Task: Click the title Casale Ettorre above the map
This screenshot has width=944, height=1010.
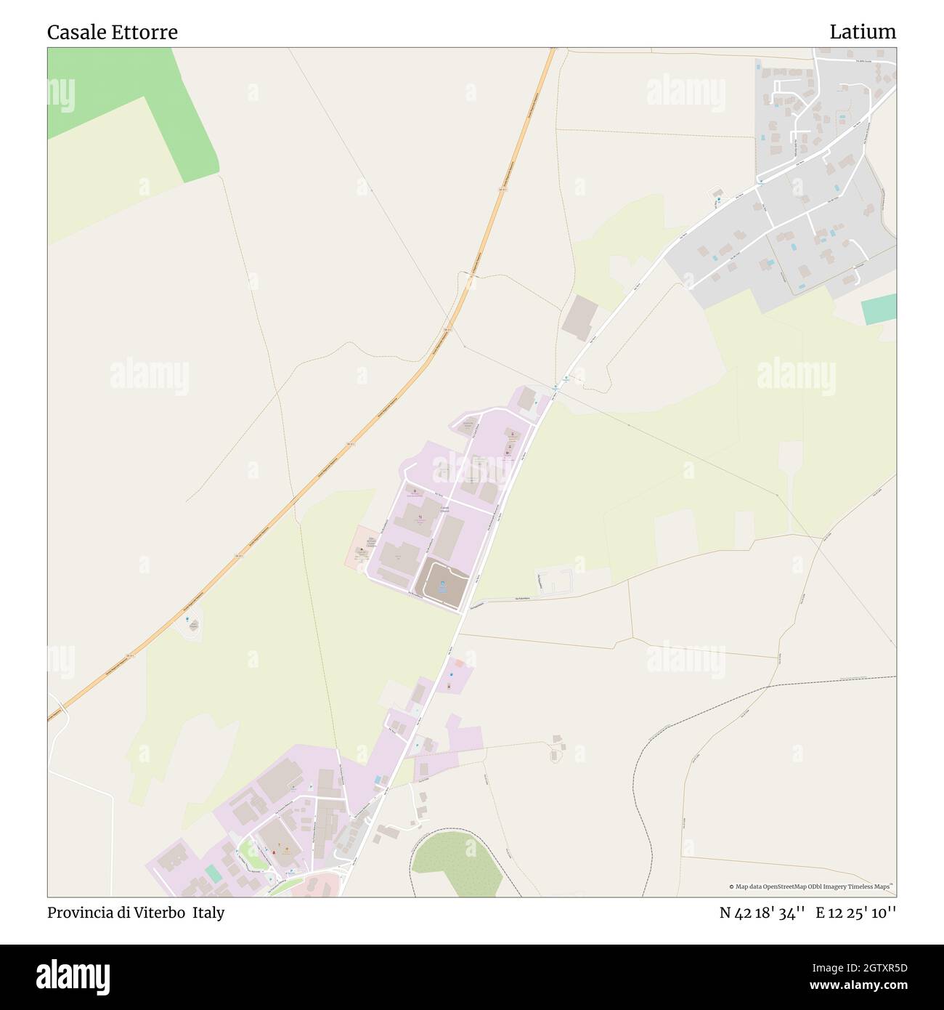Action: [x=112, y=32]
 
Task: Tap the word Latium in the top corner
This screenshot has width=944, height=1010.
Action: [x=862, y=32]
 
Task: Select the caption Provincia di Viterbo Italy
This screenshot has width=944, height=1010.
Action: [x=136, y=913]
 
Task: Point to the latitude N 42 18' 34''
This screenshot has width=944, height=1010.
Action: [x=762, y=913]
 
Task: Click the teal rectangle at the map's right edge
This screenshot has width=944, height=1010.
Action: [x=879, y=310]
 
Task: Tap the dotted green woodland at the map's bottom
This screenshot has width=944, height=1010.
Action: [x=457, y=861]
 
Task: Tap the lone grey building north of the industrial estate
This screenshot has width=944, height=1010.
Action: [x=579, y=317]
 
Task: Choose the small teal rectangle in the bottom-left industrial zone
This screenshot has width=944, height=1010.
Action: [x=213, y=873]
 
